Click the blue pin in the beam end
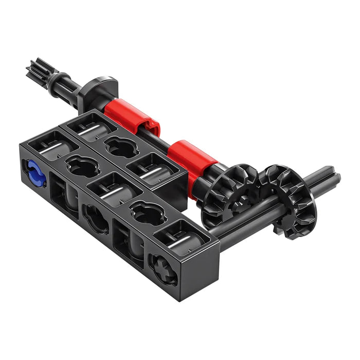34,172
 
